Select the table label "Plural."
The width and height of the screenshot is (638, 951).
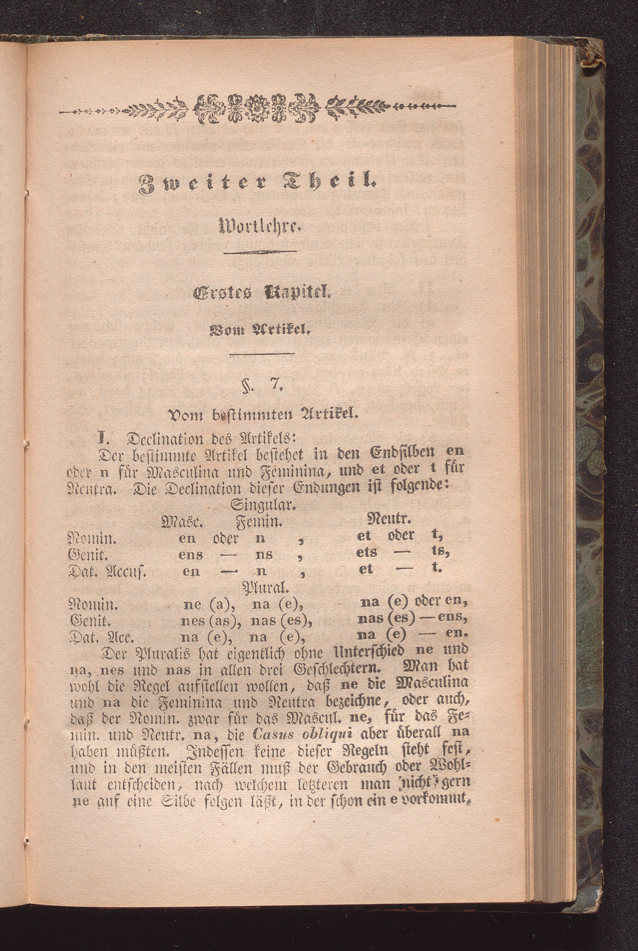(x=266, y=587)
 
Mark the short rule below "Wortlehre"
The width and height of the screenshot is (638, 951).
(x=260, y=252)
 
